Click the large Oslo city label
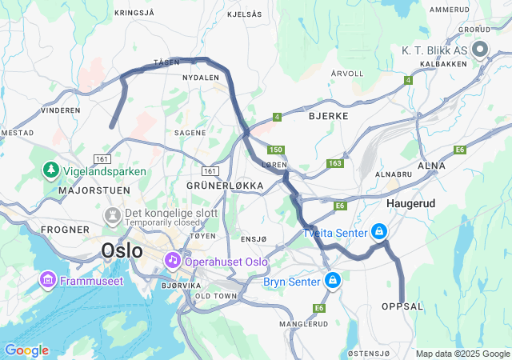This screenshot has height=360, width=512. click(122, 250)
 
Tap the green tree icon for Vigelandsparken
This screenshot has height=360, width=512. click(50, 170)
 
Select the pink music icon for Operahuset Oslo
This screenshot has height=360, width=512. click(172, 261)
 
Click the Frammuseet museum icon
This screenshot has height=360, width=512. click(47, 280)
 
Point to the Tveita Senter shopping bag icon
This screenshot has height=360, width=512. click(379, 232)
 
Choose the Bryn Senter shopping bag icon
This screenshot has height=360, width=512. click(332, 281)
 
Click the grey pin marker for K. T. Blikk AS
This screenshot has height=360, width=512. click(480, 50)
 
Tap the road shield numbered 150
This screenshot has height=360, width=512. click(276, 150)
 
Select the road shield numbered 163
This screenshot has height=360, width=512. click(334, 164)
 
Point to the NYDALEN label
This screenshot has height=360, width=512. click(201, 78)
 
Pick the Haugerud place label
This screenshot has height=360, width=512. click(410, 204)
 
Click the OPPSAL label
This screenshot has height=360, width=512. click(403, 306)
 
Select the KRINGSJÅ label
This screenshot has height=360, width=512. click(134, 13)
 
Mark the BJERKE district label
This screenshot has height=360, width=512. click(328, 116)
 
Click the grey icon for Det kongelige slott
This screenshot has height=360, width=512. click(113, 215)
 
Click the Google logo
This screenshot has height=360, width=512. click(26, 350)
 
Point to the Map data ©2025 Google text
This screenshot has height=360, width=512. click(462, 354)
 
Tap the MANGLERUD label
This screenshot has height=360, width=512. click(304, 324)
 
